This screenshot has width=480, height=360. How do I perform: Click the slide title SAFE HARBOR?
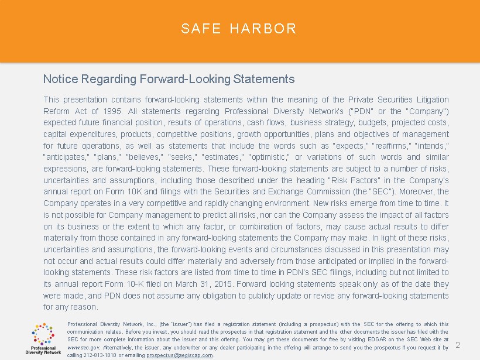[239, 29]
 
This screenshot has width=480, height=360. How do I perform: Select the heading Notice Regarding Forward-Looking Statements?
[169, 78]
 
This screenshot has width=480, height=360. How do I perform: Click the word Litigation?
[431, 100]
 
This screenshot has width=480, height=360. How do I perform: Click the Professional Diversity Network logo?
[43, 339]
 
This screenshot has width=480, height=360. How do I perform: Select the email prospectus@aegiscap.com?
[180, 355]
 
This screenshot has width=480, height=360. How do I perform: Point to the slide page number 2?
[458, 345]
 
